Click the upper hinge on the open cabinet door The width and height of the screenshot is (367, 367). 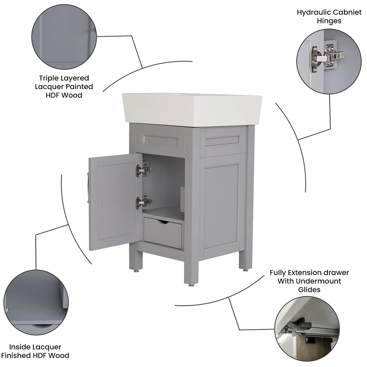click(x=144, y=169)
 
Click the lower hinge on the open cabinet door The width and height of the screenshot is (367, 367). click(x=144, y=202)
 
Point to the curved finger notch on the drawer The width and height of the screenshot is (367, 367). click(x=163, y=221)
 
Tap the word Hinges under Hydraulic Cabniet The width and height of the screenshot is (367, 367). click(x=329, y=21)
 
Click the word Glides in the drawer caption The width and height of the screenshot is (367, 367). click(x=309, y=290)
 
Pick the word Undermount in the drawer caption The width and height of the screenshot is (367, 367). click(x=318, y=281)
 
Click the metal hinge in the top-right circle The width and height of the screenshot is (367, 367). click(x=326, y=58)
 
